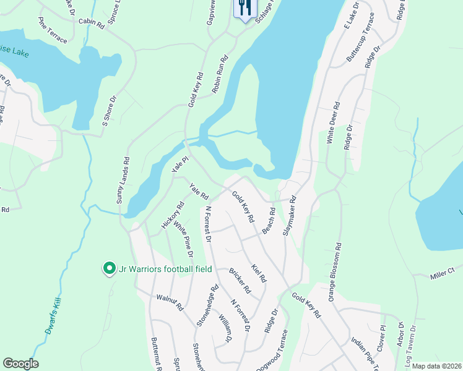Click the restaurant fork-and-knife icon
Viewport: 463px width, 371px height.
[x=245, y=8]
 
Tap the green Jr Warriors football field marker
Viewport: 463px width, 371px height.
[x=110, y=268]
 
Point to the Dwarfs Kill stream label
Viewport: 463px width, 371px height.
[x=55, y=316]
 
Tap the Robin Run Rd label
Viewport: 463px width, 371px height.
[x=220, y=74]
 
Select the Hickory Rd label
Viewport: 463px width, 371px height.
[x=173, y=215]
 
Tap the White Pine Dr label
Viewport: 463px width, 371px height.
[x=183, y=240]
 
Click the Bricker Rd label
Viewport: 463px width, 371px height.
[x=238, y=280]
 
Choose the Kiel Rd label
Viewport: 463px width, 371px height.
[x=259, y=271]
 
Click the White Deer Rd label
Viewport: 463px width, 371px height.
[x=332, y=122]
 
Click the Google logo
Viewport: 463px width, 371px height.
[x=20, y=364]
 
